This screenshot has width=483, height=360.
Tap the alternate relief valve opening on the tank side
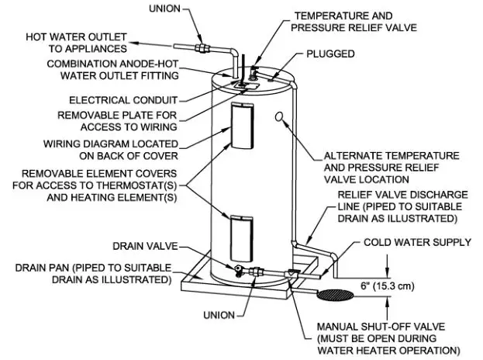[x=278, y=116]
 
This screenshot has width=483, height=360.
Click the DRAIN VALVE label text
[x=144, y=246]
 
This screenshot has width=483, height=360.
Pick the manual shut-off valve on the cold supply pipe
[x=292, y=274]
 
